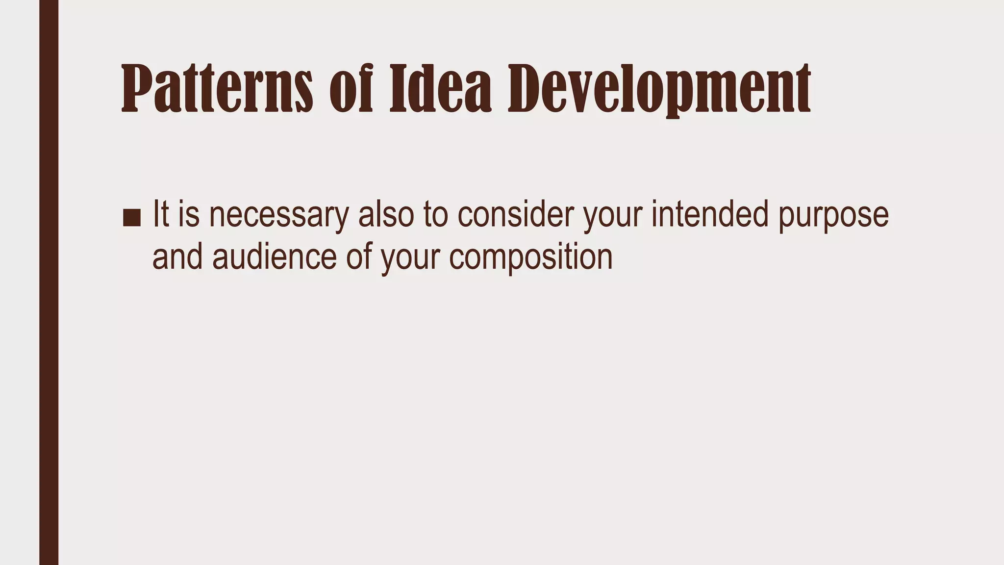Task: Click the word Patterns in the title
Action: pyautogui.click(x=217, y=88)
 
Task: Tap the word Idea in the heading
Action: pyautogui.click(x=440, y=88)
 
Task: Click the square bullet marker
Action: pyautogui.click(x=131, y=217)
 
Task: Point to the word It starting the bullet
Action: pyautogui.click(x=161, y=214)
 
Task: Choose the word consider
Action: pyautogui.click(x=515, y=214)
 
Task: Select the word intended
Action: pyautogui.click(x=709, y=214)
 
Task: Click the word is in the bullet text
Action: pyautogui.click(x=189, y=214)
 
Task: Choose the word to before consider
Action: pyautogui.click(x=436, y=214)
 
